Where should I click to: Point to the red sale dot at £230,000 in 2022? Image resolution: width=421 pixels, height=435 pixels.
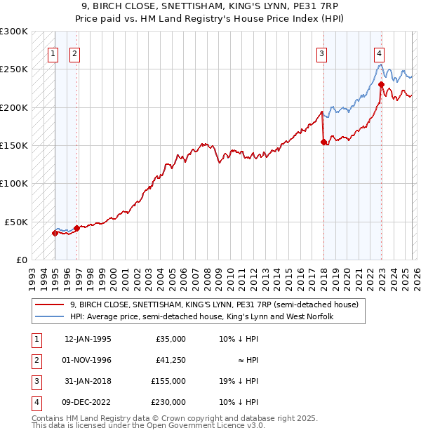381,85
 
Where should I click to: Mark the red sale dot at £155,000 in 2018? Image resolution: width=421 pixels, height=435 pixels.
323,142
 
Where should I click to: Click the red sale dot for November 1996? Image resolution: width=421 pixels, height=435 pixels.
76,228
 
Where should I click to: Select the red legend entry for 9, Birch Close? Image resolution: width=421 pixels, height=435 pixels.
214,304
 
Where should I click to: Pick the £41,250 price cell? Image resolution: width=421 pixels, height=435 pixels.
171,360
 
